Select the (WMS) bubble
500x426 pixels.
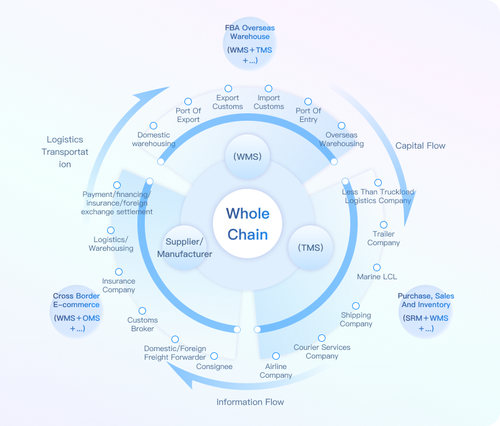pos(248,157)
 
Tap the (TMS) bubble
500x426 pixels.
pos(311,248)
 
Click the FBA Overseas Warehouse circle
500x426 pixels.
pos(249,45)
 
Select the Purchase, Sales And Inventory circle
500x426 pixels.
pos(426,312)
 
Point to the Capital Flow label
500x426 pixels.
pos(420,146)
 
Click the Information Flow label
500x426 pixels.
pos(250,402)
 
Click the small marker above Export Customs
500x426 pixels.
pos(228,89)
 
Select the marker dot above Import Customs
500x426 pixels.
pos(269,89)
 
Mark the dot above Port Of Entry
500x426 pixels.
pos(308,102)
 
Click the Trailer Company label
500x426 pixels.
pos(384,238)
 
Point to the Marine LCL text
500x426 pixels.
pos(377,276)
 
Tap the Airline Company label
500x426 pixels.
pos(276,371)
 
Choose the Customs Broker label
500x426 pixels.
pos(142,324)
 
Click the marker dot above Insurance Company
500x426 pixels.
pos(119,272)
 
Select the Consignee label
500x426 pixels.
pos(214,367)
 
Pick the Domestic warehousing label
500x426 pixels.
pos(153,139)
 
